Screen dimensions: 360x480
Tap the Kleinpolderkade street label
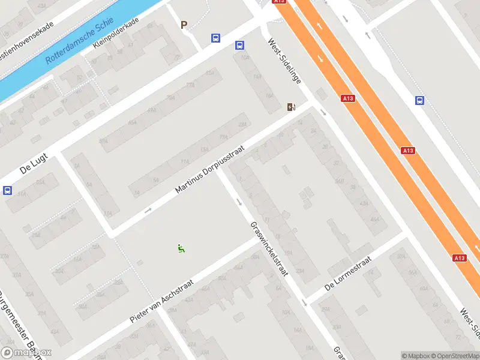coord(116,33)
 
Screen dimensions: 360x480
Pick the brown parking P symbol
coord(184,25)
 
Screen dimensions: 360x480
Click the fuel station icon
coord(292,107)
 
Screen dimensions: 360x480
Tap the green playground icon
coord(181,248)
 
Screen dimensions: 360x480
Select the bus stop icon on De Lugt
coord(7,191)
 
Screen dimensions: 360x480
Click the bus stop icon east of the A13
coord(420,101)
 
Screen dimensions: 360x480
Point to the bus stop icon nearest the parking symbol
coord(215,38)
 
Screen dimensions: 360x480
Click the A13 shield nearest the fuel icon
coord(347,98)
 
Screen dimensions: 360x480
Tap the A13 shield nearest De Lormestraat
coord(459,258)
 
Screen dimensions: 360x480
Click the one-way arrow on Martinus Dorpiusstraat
coord(148,210)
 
